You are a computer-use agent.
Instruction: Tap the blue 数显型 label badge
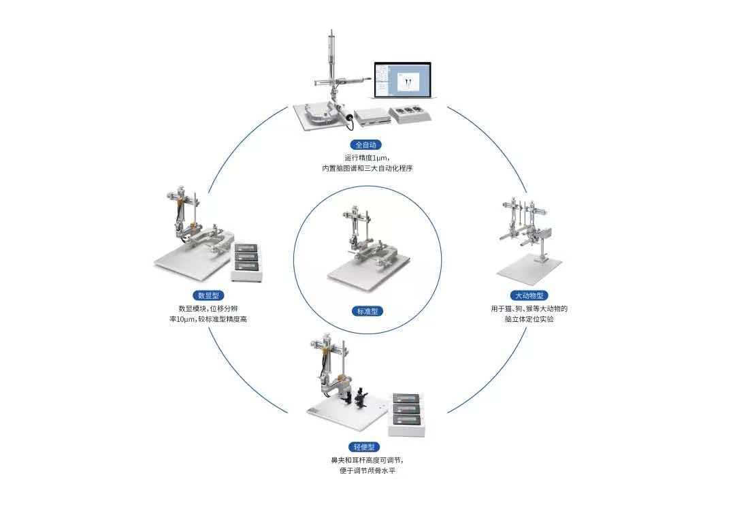208,295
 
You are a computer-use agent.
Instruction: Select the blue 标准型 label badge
367,311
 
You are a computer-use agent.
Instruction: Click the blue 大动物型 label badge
527,295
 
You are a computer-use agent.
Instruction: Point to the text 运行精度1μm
367,157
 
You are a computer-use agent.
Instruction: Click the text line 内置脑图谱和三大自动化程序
367,169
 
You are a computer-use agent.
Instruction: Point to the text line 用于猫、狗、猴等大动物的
529,308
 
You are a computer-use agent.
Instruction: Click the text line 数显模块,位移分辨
208,308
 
